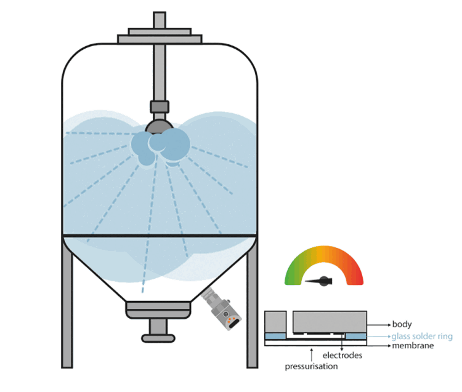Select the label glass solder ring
click(x=422, y=336)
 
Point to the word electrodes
click(x=342, y=356)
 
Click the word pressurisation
click(x=310, y=367)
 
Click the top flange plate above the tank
click(x=160, y=34)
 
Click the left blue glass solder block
click(x=275, y=336)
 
